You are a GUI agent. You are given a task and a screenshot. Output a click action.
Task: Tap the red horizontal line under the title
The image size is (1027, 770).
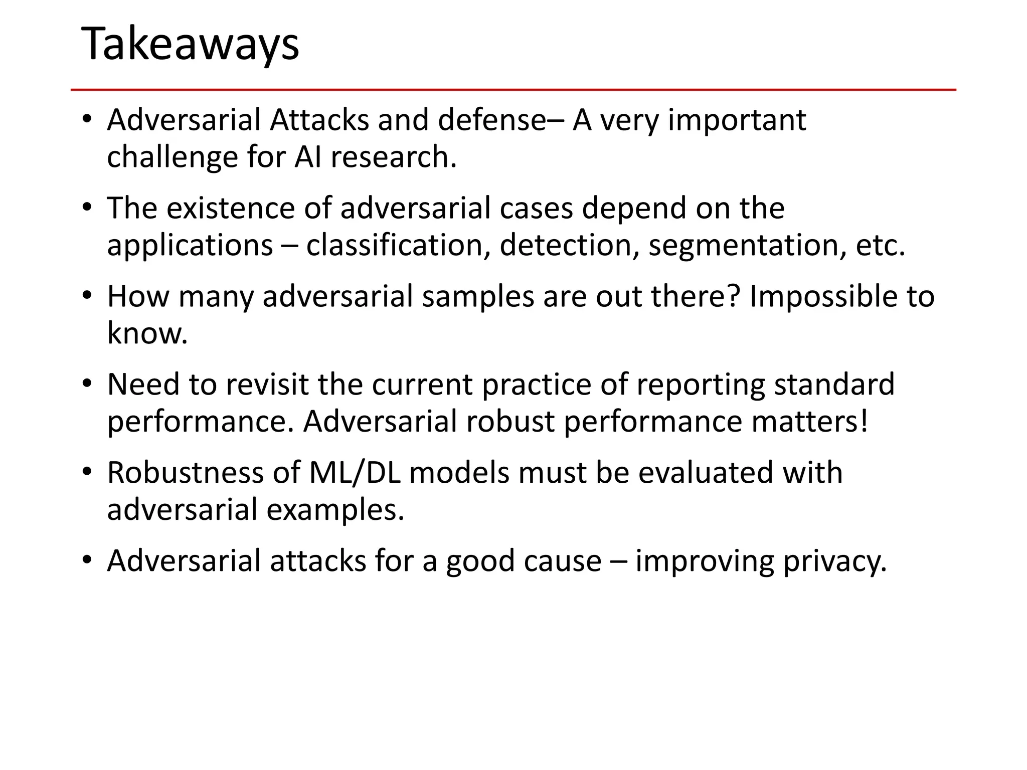click(x=513, y=90)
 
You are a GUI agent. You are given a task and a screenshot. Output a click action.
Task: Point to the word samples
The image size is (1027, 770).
click(x=478, y=296)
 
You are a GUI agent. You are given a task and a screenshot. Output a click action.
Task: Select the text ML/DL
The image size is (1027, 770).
click(x=355, y=473)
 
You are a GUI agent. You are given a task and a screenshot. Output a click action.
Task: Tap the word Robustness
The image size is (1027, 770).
click(x=186, y=473)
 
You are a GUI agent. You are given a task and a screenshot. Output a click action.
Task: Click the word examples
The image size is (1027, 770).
click(x=335, y=510)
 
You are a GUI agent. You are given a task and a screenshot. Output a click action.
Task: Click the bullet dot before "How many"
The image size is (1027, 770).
click(x=87, y=296)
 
